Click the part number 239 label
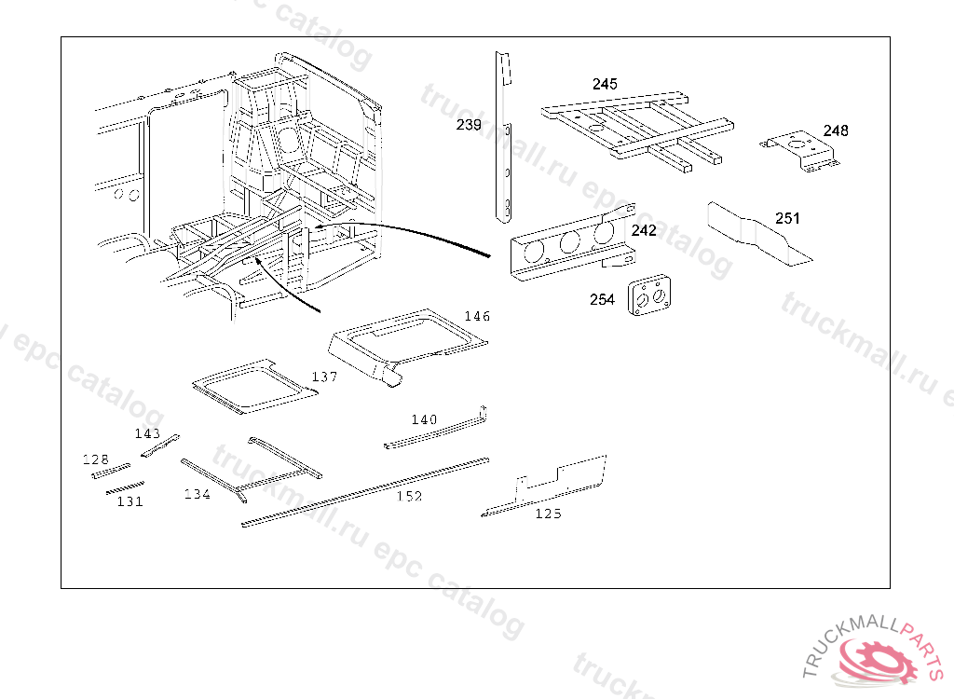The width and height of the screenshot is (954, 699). coord(469,125)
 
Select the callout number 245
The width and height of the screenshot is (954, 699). coord(605,84)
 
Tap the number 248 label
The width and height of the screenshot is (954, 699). coord(836,130)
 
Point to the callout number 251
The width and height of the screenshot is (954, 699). coord(787,219)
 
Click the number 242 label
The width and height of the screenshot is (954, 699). coord(644,230)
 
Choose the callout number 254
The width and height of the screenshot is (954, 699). coord(602,300)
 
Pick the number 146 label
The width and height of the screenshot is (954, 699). coord(477,317)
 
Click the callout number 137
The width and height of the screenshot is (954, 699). coord(324,377)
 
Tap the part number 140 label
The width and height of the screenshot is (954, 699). coord(424,420)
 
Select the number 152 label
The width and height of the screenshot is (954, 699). coord(409,497)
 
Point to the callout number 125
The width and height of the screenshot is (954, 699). coord(548,514)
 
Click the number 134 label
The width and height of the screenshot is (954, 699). coord(197,494)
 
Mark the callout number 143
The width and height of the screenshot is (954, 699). coord(147,434)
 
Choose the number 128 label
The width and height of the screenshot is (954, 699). coord(96,459)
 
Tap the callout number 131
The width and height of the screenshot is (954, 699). coord(129,501)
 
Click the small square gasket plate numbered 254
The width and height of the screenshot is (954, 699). coord(648,297)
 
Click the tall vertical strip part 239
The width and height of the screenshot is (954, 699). coord(504,140)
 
